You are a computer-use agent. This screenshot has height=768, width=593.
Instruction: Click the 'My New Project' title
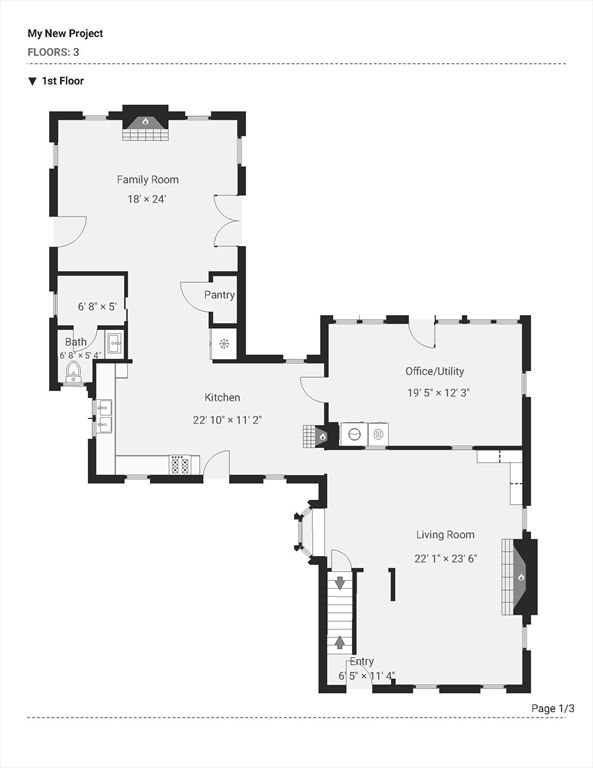65,34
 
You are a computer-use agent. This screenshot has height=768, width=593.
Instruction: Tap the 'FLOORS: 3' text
53,52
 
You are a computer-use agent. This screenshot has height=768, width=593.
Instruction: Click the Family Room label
147,180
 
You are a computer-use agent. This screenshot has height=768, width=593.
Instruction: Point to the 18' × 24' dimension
147,199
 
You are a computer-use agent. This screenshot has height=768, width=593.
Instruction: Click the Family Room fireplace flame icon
145,120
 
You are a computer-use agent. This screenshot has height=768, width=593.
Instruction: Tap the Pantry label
219,295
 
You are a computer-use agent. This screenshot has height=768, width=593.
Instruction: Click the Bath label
76,342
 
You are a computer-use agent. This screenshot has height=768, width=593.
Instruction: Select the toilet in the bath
74,371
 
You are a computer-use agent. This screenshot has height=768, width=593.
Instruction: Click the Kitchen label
222,397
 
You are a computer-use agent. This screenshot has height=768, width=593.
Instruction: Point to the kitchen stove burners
180,464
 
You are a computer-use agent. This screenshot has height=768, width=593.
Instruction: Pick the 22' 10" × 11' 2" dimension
227,420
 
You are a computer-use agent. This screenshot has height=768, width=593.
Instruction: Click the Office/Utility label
434,371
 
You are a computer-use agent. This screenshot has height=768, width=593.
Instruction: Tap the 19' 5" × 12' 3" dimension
439,393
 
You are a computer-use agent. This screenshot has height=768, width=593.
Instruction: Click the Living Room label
445,535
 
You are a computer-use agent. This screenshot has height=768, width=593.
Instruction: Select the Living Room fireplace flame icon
521,577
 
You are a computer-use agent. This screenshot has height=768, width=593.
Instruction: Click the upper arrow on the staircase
339,583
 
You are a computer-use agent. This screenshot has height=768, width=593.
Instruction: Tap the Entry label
361,661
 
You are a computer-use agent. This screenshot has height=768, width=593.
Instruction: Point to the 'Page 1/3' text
553,708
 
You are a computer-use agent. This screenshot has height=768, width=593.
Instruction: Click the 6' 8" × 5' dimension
97,307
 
